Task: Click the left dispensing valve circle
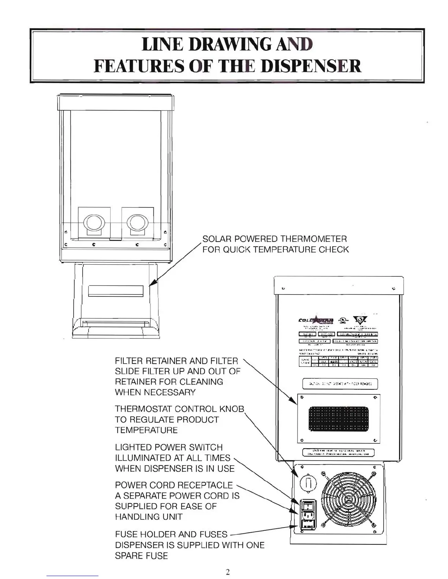[94, 223]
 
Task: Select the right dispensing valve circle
[138, 223]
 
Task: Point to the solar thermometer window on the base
[116, 291]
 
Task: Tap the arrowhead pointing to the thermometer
[153, 284]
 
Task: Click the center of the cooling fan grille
[348, 499]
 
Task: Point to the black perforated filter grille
[339, 419]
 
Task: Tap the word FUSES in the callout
[213, 534]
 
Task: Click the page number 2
[228, 572]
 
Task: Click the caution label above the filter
[340, 384]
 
